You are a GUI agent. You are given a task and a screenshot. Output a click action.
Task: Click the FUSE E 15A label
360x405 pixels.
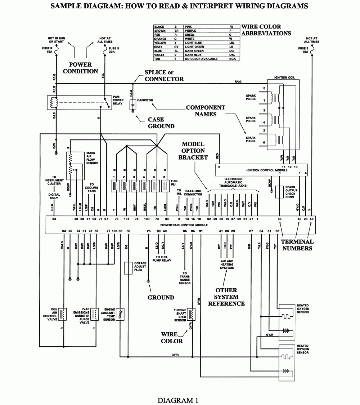(x=303, y=50)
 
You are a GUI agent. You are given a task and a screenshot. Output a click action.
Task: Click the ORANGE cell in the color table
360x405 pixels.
(x=159, y=39)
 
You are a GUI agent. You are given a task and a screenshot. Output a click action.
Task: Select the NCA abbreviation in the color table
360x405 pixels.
(x=233, y=59)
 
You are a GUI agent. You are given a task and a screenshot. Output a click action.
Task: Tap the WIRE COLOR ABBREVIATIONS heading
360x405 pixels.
(x=266, y=30)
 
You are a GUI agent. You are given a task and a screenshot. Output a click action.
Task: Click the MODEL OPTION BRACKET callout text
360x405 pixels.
(x=193, y=151)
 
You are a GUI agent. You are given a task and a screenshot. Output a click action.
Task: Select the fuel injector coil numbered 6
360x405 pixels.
(x=166, y=186)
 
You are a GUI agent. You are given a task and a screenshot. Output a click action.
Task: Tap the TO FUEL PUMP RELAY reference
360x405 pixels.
(x=162, y=258)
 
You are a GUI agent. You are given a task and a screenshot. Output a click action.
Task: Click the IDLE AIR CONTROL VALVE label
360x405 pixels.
(x=50, y=314)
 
